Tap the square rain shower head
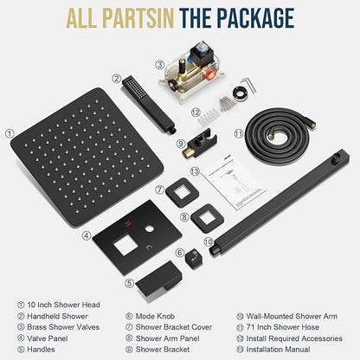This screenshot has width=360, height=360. tap(87, 157)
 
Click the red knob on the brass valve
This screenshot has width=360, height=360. tap(211, 77)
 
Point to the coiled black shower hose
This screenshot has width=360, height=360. tap(280, 136)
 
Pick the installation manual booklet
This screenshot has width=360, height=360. tap(234, 183)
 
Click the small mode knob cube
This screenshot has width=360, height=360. tap(194, 258)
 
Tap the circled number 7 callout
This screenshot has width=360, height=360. tap(159, 190)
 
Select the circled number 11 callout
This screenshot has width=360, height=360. tap(239, 133)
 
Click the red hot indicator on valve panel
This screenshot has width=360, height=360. tap(127, 223)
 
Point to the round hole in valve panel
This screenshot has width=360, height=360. tap(150, 229)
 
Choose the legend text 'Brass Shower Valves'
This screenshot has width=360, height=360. tap(63, 327)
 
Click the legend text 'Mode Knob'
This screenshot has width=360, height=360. tap(155, 316)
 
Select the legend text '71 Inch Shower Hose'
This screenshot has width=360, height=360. tap(283, 327)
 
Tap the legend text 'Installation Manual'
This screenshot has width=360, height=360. tap(278, 350)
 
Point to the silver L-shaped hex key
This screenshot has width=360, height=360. tap(249, 84)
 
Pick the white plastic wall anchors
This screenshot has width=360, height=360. tap(209, 117)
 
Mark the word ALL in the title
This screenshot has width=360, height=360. tap(82, 18)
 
